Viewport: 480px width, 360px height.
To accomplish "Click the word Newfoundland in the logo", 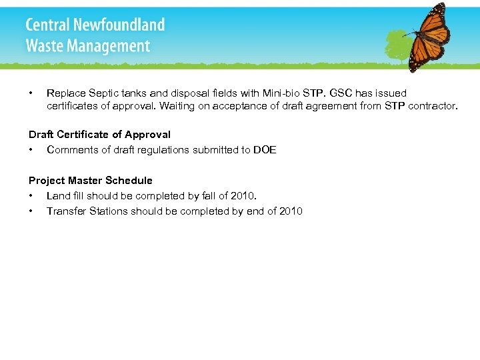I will click(122, 25).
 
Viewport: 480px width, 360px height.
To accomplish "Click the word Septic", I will click(101, 93).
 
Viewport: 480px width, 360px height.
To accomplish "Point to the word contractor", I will click(432, 105).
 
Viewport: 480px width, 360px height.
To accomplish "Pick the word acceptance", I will click(251, 105).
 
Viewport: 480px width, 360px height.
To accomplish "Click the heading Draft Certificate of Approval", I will click(99, 134).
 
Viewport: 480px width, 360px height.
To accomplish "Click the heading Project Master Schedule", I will click(91, 180).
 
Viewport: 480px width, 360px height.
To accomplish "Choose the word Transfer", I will click(66, 211).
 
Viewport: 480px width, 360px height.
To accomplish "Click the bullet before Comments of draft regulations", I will click(31, 150).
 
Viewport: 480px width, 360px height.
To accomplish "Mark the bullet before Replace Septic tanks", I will click(31, 93).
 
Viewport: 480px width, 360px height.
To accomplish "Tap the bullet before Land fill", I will click(31, 196).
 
